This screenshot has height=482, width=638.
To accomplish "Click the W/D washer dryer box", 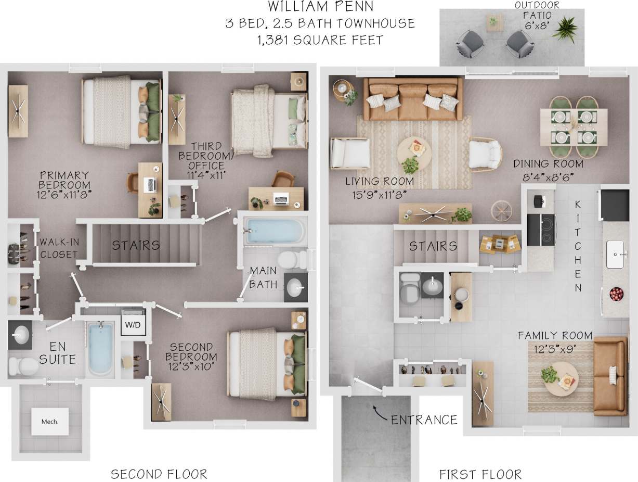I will pyautogui.click(x=133, y=324).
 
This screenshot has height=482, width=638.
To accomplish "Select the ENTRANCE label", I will pyautogui.click(x=424, y=420).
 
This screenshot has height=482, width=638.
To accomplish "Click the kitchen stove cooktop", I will pyautogui.click(x=541, y=230).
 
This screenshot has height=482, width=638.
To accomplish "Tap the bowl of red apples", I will pyautogui.click(x=616, y=294).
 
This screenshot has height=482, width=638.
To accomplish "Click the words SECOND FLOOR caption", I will pyautogui.click(x=159, y=474).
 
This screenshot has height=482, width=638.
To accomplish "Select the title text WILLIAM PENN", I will pyautogui.click(x=320, y=7).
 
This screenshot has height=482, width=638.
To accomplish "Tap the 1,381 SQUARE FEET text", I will pyautogui.click(x=320, y=40).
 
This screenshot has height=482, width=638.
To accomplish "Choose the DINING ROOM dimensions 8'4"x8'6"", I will pyautogui.click(x=548, y=176).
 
